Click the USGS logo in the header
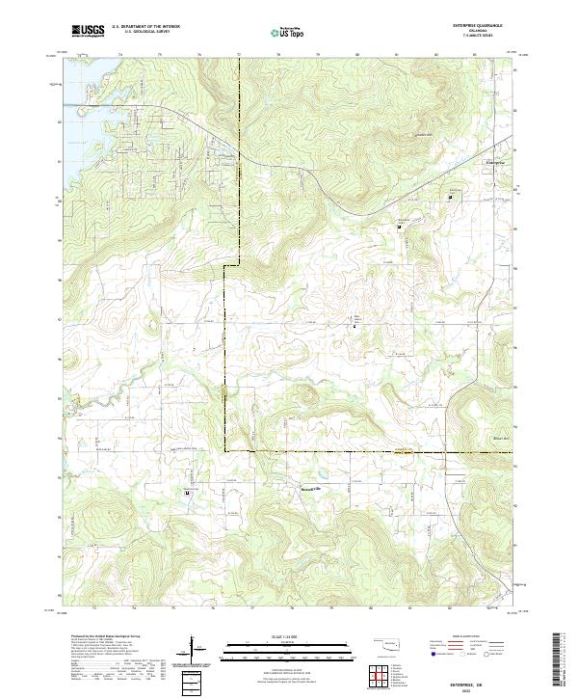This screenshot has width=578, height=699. coord(88,31)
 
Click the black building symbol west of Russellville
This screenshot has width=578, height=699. coord(186,492)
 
